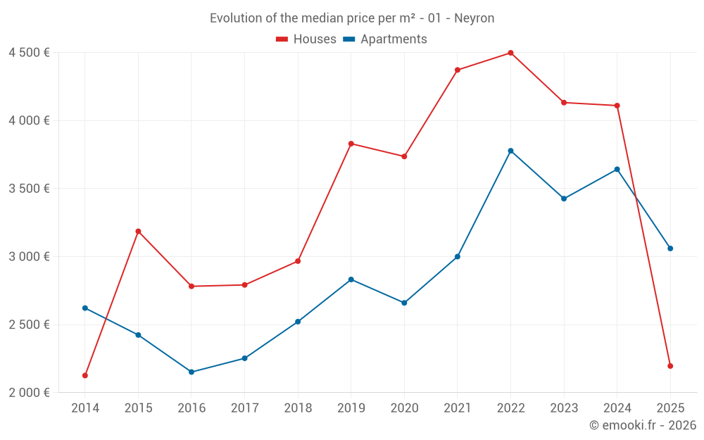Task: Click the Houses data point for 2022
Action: (510, 53)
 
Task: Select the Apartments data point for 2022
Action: (510, 151)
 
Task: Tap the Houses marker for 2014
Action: (85, 375)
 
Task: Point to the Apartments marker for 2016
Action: (191, 372)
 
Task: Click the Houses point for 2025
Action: (670, 366)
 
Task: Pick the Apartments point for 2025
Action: (670, 249)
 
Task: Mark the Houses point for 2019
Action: (351, 144)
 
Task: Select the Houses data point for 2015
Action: (138, 231)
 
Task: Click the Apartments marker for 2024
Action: (617, 169)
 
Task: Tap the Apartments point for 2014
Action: (85, 308)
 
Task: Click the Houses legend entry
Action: (306, 39)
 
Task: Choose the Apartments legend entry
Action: (385, 39)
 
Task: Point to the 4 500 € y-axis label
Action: (29, 53)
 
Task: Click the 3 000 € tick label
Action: (29, 256)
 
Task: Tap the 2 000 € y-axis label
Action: (29, 392)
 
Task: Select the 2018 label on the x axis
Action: (298, 408)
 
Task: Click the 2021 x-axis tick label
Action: (458, 408)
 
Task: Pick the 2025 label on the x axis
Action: (670, 408)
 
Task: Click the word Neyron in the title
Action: (474, 18)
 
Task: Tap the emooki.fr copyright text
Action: (643, 425)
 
